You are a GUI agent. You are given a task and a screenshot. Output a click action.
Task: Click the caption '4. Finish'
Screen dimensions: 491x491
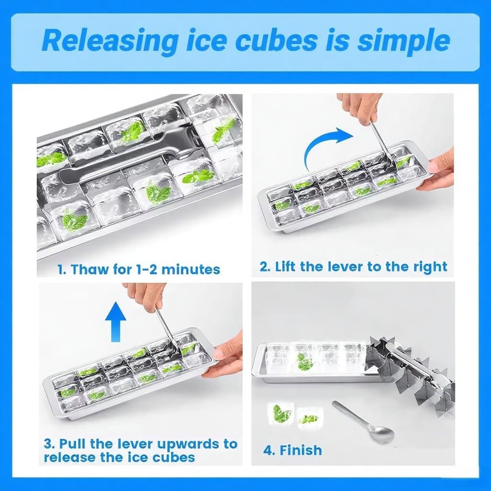point(292,450)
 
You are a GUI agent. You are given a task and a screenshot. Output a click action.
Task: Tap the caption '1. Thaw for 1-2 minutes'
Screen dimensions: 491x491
point(139,269)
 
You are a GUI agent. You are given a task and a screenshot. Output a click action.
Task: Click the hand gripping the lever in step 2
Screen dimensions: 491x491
point(360,106)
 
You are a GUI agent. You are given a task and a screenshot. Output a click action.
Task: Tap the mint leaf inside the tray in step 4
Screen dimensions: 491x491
point(305,362)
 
